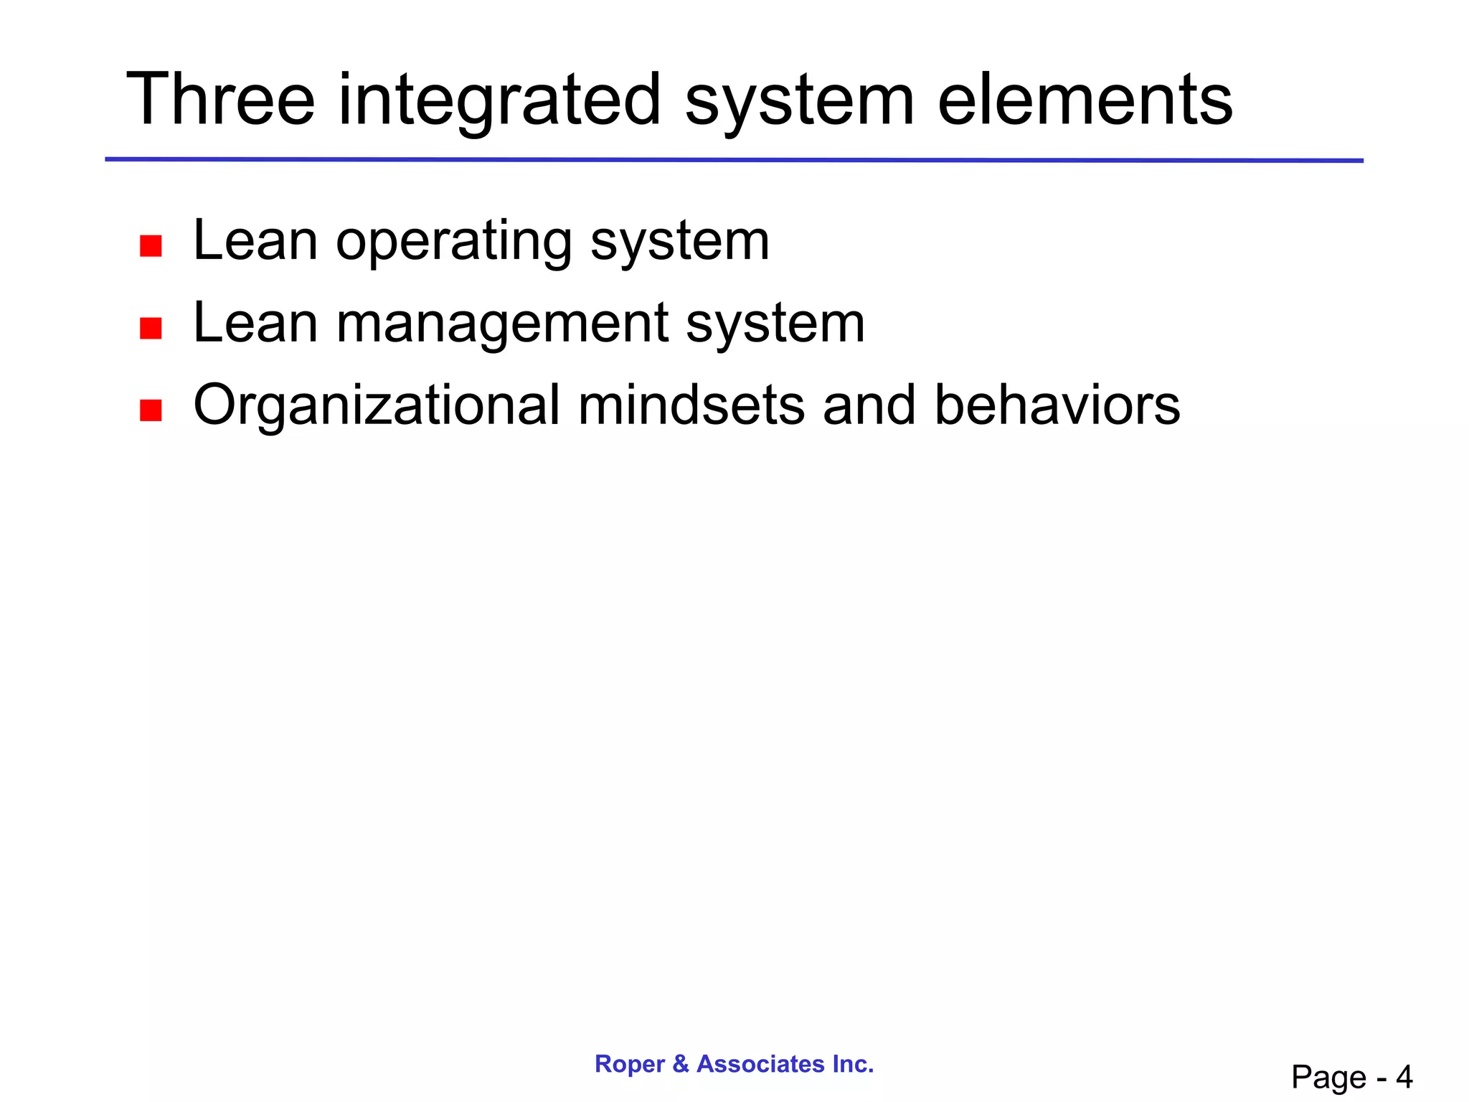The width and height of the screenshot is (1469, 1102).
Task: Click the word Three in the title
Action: pyautogui.click(x=220, y=100)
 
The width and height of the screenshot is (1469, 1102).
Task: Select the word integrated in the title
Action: pyautogui.click(x=499, y=100)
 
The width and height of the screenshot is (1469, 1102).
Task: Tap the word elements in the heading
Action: pyautogui.click(x=1085, y=100)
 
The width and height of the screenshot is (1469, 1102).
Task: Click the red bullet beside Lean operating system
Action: pyautogui.click(x=151, y=246)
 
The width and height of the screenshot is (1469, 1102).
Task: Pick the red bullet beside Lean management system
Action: pyautogui.click(x=151, y=329)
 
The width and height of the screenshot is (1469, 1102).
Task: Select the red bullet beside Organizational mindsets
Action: pyautogui.click(x=151, y=410)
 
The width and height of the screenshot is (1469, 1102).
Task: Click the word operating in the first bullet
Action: pyautogui.click(x=453, y=242)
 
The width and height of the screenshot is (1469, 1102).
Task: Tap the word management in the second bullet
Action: pyautogui.click(x=501, y=324)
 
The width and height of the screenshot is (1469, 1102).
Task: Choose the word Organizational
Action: pyautogui.click(x=376, y=406)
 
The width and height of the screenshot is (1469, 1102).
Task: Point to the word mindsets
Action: pyautogui.click(x=691, y=406)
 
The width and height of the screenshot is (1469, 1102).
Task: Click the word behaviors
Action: pyautogui.click(x=1057, y=406)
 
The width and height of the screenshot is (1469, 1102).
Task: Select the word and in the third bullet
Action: pyautogui.click(x=869, y=406)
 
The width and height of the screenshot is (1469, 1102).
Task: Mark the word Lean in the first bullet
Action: pyautogui.click(x=255, y=242)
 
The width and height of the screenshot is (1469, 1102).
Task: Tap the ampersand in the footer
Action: pyautogui.click(x=681, y=1064)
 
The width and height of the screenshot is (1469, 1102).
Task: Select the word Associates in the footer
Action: pyautogui.click(x=760, y=1064)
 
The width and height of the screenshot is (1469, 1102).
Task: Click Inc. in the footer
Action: pyautogui.click(x=853, y=1064)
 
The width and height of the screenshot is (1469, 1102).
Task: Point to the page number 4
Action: pyautogui.click(x=1404, y=1077)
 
